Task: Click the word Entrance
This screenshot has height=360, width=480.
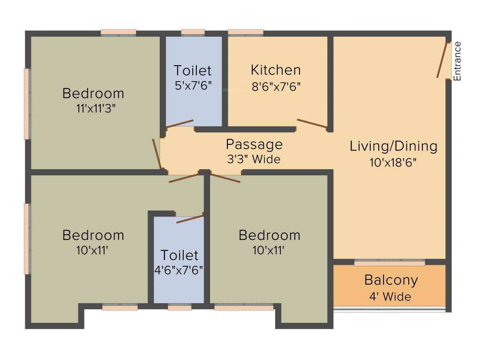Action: (457, 61)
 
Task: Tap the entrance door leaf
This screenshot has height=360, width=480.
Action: (441, 60)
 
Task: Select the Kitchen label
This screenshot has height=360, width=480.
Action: (276, 70)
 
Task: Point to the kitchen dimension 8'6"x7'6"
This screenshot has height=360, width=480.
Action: (276, 86)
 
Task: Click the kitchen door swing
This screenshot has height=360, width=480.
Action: (311, 123)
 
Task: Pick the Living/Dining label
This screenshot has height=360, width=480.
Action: (393, 146)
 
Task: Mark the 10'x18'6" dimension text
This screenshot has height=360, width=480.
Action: (393, 162)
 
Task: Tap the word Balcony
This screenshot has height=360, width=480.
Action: (391, 280)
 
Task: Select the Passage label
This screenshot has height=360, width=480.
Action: (254, 144)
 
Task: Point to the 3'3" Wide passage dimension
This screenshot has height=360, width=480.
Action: (253, 159)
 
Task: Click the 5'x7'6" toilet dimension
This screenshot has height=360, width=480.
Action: (192, 86)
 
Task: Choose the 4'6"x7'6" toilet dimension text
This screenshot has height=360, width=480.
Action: (179, 271)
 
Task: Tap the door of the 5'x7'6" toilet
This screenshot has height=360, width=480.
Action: (180, 123)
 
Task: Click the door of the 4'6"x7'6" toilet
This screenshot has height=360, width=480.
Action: (190, 218)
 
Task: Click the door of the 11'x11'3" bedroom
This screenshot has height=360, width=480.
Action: (157, 154)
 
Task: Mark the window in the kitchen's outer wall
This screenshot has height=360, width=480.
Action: (245, 33)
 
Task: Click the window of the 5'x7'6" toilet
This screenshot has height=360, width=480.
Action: (193, 33)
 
